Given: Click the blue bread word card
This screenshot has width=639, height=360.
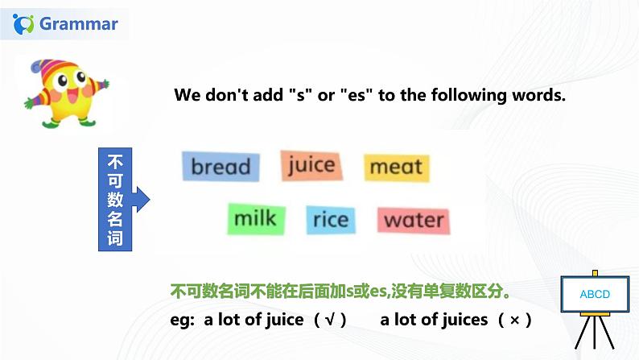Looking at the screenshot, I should tap(221, 167).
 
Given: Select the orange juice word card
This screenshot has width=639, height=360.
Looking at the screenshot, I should tap(311, 165).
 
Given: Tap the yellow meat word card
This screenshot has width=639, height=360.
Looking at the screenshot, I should tap(396, 167).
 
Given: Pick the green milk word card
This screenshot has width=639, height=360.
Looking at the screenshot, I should tap(255, 218).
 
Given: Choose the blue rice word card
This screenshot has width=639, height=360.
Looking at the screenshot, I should tap(331, 220).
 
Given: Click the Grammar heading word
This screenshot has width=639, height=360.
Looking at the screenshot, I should tap(79, 24).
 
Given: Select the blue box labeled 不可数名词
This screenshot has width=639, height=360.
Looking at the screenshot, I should tap(114, 199).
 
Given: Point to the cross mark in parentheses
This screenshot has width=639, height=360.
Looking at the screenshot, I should tap(515, 320).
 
